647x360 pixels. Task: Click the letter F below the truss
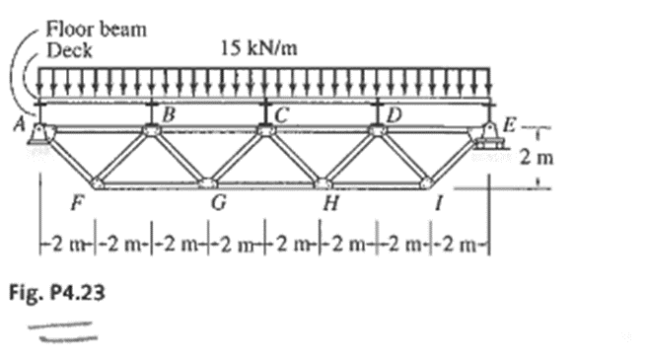pos(76,205)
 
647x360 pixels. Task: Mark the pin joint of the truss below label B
pos(151,129)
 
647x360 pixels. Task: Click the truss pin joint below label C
pos(264,129)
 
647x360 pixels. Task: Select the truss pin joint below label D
pos(377,129)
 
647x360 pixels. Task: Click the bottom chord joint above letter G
pos(207,182)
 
